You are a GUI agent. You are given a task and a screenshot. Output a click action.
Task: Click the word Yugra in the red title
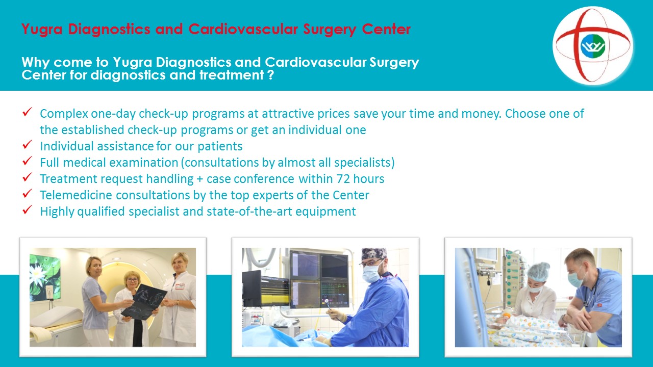[42, 30]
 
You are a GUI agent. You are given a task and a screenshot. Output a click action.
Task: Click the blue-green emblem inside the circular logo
[593, 46]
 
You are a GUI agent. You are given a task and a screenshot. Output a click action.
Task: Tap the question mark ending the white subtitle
[271, 75]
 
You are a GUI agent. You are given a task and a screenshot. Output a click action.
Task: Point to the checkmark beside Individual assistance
[27, 144]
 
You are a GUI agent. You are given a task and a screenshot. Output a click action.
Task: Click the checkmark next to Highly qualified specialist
[27, 209]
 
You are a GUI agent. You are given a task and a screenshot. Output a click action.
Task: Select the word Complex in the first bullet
[64, 114]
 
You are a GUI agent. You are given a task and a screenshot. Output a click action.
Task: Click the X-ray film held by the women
[144, 302]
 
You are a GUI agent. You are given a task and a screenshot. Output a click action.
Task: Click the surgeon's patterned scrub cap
[374, 253]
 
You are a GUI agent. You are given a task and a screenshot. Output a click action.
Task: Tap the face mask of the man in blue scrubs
[576, 278]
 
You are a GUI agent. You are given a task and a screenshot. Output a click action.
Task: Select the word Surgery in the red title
[330, 30]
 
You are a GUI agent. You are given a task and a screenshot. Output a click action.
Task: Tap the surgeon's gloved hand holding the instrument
[337, 314]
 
